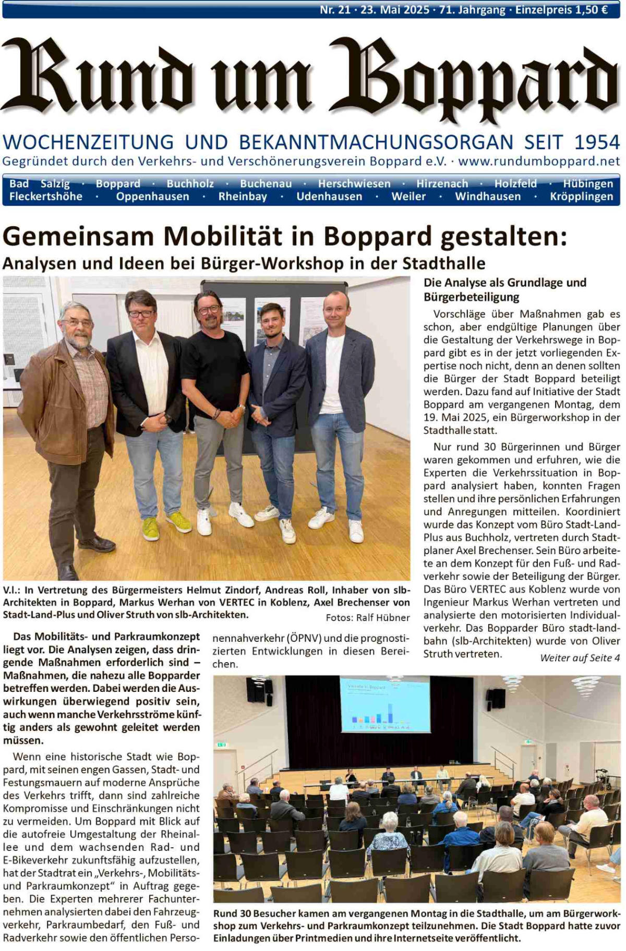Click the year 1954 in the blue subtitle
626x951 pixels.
point(597,142)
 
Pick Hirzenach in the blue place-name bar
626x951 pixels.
point(442,184)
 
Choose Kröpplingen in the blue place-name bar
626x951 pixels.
point(581,197)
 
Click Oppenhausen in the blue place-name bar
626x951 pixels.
point(152,197)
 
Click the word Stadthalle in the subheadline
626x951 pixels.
point(443,263)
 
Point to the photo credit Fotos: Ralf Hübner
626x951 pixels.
point(368,618)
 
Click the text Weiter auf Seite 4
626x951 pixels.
point(580,658)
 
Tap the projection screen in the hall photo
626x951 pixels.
point(384,703)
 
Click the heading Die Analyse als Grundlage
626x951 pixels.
point(504,283)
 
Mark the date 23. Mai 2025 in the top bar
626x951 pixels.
point(395,10)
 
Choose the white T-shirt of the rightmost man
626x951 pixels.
point(332,373)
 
